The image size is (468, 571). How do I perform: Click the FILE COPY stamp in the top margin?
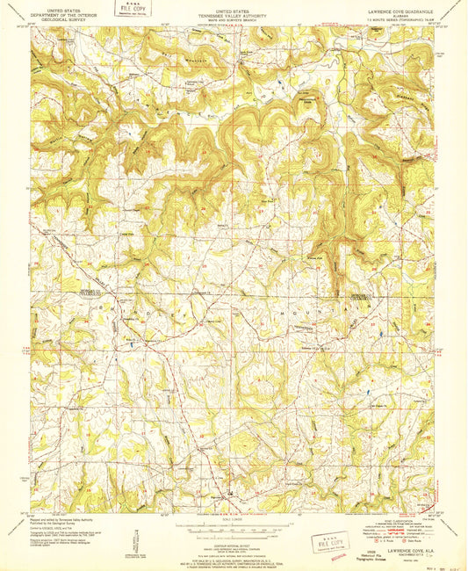tap(133, 14)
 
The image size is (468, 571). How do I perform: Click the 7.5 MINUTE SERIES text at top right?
tap(396, 12)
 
